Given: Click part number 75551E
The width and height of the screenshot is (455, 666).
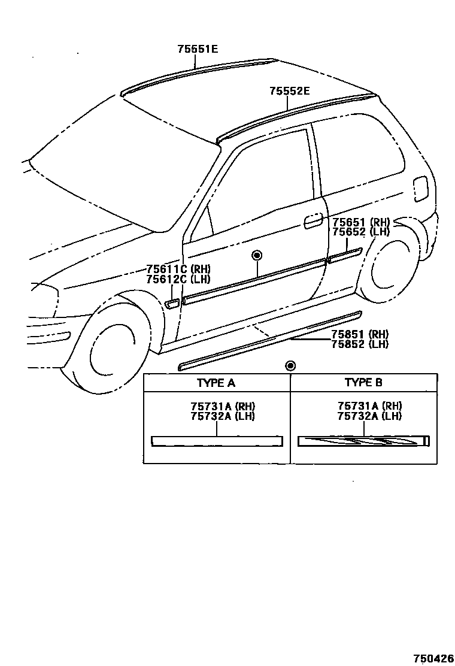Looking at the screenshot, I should coord(197,49).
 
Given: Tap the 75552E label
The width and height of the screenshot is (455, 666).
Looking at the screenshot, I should coord(289,91).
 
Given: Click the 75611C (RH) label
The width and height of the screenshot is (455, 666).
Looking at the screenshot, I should coord(178,269).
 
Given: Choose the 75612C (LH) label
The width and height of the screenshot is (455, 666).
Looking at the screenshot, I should coord(178,278).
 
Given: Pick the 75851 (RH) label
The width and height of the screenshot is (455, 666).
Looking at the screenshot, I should coord(360,334).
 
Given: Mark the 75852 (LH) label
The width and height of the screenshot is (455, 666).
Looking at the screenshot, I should coord(360,344).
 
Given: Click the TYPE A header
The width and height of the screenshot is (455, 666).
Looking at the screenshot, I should coord(216,383).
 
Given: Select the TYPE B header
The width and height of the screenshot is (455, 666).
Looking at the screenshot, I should coord(363,383).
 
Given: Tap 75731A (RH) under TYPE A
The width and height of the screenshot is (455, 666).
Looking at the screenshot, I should coord(216,407).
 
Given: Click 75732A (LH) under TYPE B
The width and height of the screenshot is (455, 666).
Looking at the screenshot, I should coord(369,416).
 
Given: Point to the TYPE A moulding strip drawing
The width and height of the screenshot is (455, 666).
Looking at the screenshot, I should coord(216,440).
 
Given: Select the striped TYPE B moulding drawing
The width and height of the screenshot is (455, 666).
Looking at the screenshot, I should coord(363,441).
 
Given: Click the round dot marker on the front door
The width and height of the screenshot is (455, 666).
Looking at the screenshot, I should coord(257,256).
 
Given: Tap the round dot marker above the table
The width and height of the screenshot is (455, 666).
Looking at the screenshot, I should coord(290,365).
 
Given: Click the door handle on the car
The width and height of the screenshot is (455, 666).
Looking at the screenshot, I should coord(312,221).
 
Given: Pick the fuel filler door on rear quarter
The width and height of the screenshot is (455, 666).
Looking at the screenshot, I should coord(421,189).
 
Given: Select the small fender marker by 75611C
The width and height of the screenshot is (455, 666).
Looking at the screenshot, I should coord(171,304).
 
